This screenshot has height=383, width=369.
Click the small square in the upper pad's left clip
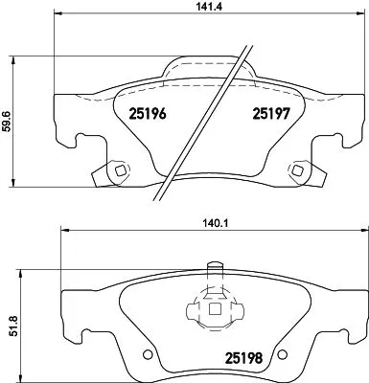[118, 172]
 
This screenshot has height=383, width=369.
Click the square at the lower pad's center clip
[211, 308]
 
